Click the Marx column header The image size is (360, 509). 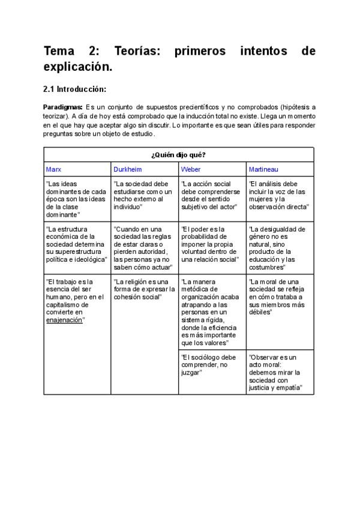53,169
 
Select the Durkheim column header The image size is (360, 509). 127,169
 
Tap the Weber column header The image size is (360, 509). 191,169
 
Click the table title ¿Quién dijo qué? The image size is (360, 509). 178,155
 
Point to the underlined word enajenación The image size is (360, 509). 64,321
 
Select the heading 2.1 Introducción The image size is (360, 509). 74,89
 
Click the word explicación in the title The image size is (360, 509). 77,68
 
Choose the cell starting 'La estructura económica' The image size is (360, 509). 76,244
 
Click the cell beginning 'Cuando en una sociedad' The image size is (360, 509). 143,248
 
